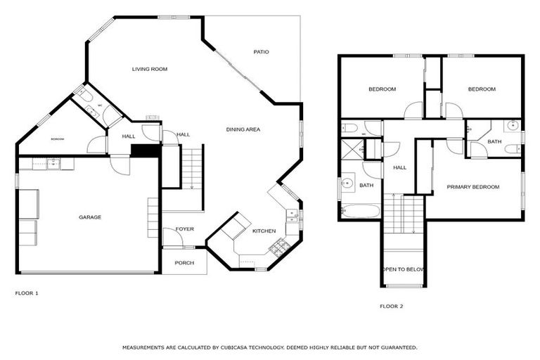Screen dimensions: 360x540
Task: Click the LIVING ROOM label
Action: [x=149, y=69]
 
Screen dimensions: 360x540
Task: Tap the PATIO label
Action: [x=261, y=52]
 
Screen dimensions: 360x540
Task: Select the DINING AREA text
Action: [x=243, y=129]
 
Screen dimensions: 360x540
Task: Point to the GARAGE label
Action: [x=89, y=217]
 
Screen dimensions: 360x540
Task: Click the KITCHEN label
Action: [x=264, y=231]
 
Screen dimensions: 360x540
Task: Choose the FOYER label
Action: [x=184, y=229]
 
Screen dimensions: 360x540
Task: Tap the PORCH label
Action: [x=184, y=263]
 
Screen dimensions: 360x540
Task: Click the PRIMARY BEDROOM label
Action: [x=472, y=187]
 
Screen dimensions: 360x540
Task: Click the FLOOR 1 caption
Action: [x=27, y=292]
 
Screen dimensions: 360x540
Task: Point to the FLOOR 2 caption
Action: [x=392, y=306]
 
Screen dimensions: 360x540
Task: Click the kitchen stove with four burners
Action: [x=278, y=246]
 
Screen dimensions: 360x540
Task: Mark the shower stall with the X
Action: [x=350, y=148]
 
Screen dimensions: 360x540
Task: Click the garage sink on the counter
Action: [x=52, y=164]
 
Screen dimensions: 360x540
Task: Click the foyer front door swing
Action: [x=172, y=237]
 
